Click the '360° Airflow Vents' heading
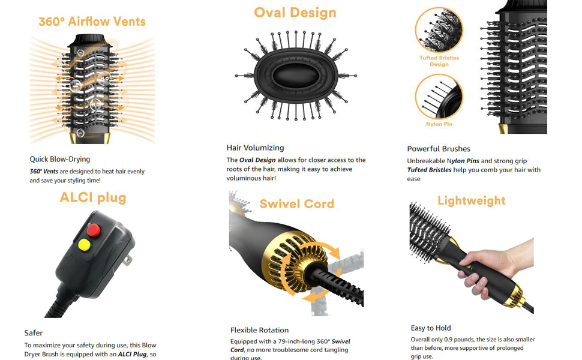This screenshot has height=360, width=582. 92,22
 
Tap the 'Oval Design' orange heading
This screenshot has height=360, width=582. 295,13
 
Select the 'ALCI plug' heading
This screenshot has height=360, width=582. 93,198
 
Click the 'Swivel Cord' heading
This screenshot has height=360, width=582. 296,204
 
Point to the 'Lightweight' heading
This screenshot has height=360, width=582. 471,201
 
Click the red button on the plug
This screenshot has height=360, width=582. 93,229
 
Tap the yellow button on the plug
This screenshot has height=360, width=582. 85,244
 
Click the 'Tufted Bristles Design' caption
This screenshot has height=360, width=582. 439,61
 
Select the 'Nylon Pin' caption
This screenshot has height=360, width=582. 439,124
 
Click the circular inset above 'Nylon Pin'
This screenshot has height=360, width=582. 439,96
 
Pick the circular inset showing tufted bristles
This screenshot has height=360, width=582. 439,30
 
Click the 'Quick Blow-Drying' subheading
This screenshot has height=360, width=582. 60,160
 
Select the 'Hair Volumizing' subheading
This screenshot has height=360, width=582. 255,148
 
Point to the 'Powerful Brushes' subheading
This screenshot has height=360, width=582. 439,149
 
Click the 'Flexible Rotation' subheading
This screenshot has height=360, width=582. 259,330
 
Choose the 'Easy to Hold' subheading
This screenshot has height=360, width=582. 431,328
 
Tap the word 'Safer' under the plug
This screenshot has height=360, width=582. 34,333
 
